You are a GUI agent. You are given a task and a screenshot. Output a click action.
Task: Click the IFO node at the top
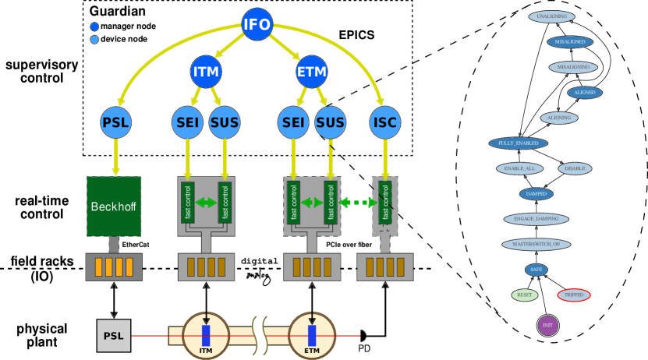[257, 24]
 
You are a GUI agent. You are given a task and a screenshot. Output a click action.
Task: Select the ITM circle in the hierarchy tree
[206, 72]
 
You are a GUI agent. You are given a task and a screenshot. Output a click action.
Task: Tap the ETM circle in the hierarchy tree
[312, 72]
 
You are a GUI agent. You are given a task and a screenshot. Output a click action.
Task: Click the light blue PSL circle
[115, 122]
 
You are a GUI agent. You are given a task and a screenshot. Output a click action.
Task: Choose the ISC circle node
[385, 122]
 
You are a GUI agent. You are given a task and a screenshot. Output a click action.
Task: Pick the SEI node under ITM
[187, 122]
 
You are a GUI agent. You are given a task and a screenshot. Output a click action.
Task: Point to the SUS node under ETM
[330, 122]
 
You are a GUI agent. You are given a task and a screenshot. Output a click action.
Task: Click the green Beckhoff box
[114, 206]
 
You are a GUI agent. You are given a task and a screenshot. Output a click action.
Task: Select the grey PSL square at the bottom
[114, 336]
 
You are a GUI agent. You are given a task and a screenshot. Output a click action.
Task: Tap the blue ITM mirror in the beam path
[206, 336]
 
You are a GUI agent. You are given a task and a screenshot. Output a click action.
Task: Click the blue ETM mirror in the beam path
[312, 336]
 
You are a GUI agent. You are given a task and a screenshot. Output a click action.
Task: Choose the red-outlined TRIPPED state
[574, 295]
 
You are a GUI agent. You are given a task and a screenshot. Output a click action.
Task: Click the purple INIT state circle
[547, 325]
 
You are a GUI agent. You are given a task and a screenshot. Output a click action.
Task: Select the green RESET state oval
[525, 295]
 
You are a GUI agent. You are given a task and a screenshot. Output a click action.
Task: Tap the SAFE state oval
[536, 270]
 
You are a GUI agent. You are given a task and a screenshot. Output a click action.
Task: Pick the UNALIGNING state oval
[552, 16]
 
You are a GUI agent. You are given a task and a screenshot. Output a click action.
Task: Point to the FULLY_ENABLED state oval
[519, 143]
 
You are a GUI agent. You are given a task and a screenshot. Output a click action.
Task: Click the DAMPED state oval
[536, 194]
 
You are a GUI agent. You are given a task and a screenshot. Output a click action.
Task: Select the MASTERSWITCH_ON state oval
[536, 245]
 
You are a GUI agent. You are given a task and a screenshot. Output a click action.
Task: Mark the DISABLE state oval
[575, 168]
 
